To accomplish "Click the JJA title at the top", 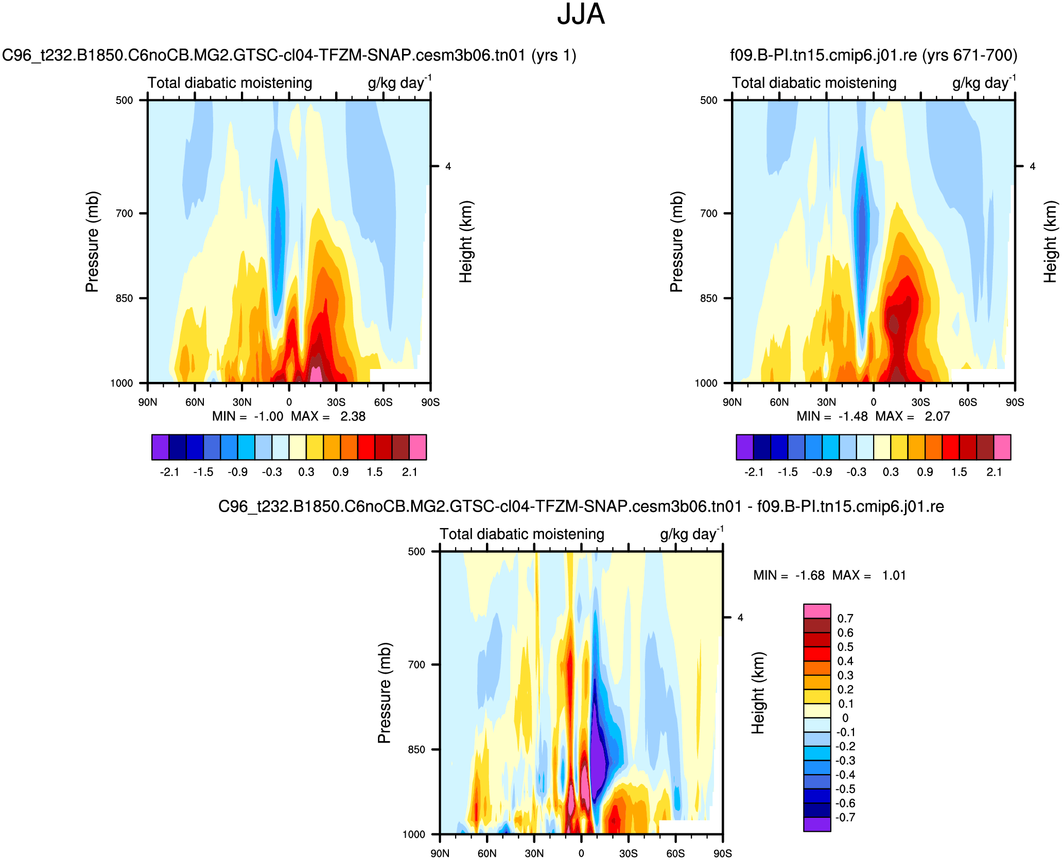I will (x=581, y=14).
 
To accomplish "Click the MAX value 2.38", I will (x=353, y=416).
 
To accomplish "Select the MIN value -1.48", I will (x=853, y=416).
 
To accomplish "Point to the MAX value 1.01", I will (x=894, y=575).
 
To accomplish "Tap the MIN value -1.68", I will (x=810, y=575).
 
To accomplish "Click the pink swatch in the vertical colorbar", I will (x=817, y=611).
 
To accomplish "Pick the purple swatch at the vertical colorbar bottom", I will (x=817, y=824).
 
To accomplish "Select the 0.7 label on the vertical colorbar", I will (x=845, y=619).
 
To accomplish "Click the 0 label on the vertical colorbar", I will (x=845, y=718).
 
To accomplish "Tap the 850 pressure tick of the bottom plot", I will (x=416, y=750).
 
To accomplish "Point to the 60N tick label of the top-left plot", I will (x=195, y=402).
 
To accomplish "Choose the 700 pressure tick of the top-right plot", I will (x=709, y=214).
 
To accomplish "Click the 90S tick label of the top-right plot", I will (x=1015, y=402).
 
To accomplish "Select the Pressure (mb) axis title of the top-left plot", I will (x=92, y=242).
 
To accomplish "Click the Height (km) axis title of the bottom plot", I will (x=758, y=693).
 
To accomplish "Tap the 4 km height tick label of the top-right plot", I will (x=1032, y=166).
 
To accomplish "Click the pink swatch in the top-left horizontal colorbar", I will (x=418, y=447).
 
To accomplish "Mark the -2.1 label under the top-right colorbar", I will (x=754, y=472).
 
